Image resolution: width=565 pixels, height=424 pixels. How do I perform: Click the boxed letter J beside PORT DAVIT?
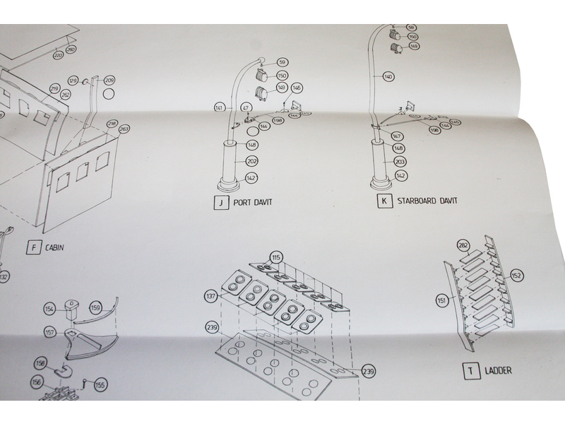221,202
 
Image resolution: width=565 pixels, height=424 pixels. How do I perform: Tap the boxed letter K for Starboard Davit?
384,201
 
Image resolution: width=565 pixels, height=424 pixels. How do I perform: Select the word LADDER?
498,370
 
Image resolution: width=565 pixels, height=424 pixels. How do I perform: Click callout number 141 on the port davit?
219,107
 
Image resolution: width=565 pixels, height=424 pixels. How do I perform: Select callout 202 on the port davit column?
252,162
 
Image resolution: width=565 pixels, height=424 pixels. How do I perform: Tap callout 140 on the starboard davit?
388,76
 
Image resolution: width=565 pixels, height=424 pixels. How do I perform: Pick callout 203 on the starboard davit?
400,161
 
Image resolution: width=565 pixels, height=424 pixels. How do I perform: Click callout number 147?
397,136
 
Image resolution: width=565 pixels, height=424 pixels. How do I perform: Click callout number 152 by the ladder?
516,275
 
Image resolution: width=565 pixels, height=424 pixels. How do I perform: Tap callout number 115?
276,257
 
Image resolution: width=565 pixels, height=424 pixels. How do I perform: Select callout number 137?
210,295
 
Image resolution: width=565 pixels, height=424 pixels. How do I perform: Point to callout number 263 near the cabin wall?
124,129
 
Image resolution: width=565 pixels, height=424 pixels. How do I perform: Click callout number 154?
49,309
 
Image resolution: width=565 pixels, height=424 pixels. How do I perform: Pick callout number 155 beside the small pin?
100,385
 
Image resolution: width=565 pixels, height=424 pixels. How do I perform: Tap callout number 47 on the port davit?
246,107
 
